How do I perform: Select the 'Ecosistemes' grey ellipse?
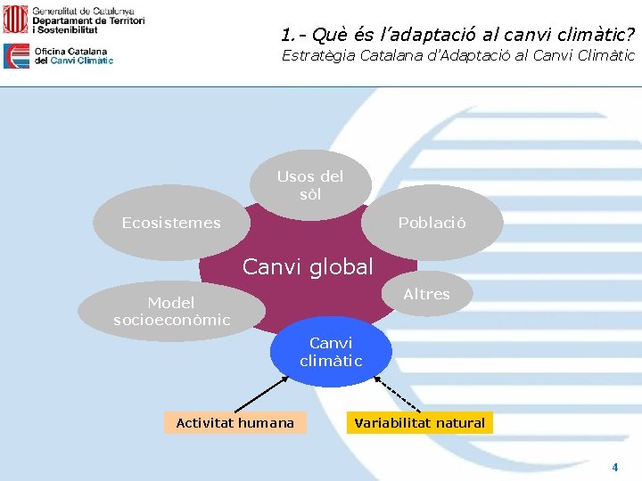pyautogui.click(x=171, y=223)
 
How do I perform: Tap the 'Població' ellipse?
pyautogui.click(x=432, y=223)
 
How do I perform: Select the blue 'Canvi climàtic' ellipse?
pyautogui.click(x=331, y=352)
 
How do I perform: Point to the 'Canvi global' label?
pyautogui.click(x=308, y=266)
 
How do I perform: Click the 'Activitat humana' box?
pyautogui.click(x=235, y=423)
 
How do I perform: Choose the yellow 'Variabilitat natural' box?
pyautogui.click(x=419, y=423)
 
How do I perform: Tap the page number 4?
pyautogui.click(x=614, y=467)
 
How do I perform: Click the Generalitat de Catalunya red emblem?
pyautogui.click(x=15, y=19)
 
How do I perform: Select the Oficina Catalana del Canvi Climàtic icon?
pyautogui.click(x=16, y=56)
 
